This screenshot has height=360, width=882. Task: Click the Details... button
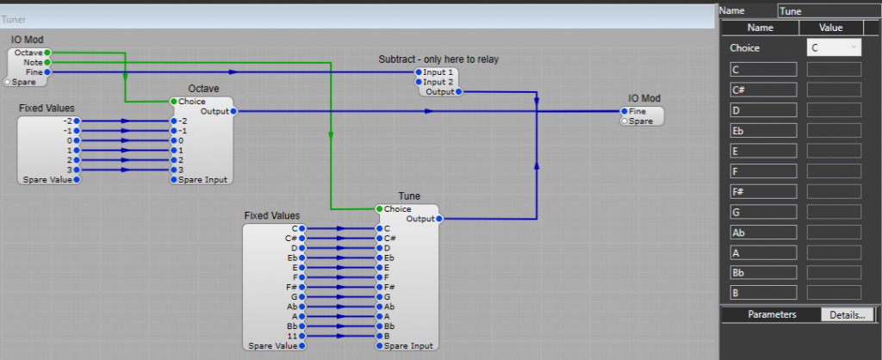[x=847, y=314]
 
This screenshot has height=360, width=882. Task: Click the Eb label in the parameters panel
[x=763, y=131]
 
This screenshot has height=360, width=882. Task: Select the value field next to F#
[x=834, y=192]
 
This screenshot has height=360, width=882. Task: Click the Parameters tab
[x=772, y=314]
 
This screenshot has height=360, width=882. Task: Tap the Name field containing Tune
[x=829, y=10]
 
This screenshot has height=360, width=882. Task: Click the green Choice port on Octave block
[x=173, y=102]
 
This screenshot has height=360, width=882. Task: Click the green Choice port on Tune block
[x=379, y=209]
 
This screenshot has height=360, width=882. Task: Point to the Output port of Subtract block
[x=458, y=91]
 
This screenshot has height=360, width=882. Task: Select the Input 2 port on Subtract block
[x=419, y=82]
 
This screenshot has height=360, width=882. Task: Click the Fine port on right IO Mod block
[x=624, y=111]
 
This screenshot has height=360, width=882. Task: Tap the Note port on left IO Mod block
[x=47, y=63]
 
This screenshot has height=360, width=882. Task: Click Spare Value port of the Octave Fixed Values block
[x=77, y=180]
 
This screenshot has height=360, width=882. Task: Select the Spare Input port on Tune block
[x=379, y=345]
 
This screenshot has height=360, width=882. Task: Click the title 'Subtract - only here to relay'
[x=438, y=59]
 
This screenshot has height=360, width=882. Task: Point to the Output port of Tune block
[x=439, y=219]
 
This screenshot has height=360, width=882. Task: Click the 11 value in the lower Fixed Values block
[x=294, y=336]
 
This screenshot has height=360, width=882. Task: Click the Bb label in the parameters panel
[x=763, y=272]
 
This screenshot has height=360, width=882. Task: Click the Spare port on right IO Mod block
[x=624, y=121]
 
